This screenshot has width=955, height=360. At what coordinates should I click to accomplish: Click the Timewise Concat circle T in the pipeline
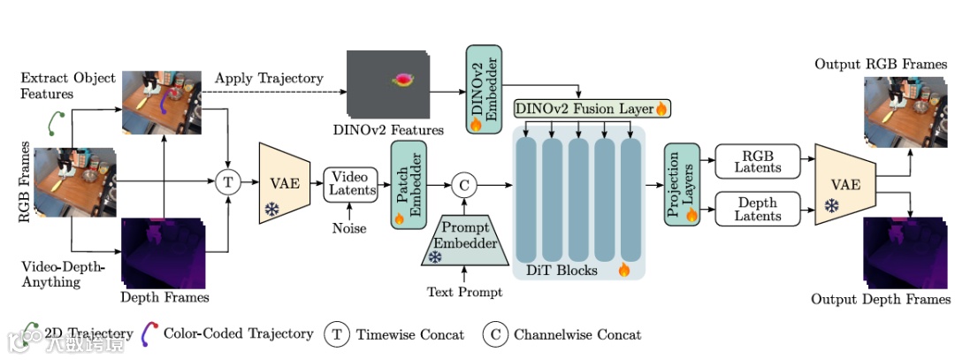coord(228,183)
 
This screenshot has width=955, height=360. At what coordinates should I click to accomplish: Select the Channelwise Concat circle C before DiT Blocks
coord(463,184)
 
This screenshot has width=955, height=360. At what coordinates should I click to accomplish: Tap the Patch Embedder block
coord(408,184)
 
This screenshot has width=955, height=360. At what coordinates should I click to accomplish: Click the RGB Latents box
coord(758,162)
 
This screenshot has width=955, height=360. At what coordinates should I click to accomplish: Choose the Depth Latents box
coord(758,209)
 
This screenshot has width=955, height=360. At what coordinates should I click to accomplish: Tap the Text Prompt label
coord(464,292)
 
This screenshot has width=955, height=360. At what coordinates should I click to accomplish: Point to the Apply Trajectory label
coord(269,79)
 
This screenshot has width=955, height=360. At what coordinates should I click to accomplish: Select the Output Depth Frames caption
coord(881,299)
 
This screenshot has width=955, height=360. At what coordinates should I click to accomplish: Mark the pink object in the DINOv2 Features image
coord(403,80)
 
